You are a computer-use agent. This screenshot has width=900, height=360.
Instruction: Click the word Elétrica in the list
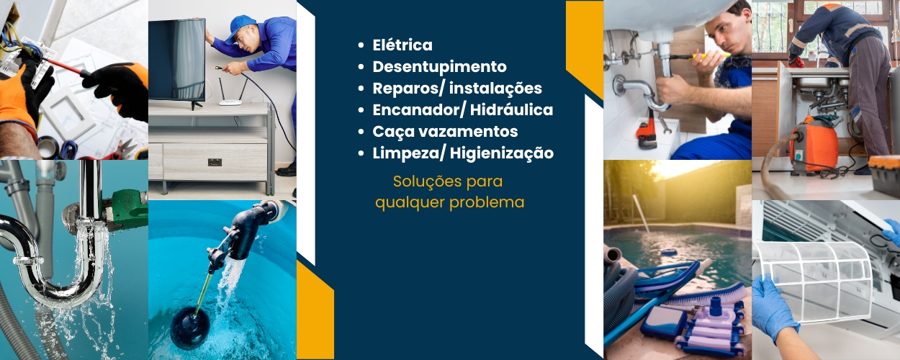point(402,45)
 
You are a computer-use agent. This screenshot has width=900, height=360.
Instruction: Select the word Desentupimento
point(439,67)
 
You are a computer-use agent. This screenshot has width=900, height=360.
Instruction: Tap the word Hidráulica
point(511,109)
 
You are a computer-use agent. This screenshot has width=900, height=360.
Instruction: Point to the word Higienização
point(502,153)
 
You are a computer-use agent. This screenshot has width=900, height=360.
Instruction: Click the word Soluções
point(423,181)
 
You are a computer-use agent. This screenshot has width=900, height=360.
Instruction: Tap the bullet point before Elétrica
point(361,45)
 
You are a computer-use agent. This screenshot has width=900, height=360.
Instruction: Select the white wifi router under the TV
point(231,93)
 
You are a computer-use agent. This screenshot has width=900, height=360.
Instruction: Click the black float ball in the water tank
point(190,327)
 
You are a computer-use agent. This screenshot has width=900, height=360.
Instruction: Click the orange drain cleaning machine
point(814,144)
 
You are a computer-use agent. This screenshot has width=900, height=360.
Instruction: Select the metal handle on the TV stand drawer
point(215,162)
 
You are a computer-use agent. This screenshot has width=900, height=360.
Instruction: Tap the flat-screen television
point(177,61)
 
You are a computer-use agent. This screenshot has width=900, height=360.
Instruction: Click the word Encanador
point(417,110)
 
